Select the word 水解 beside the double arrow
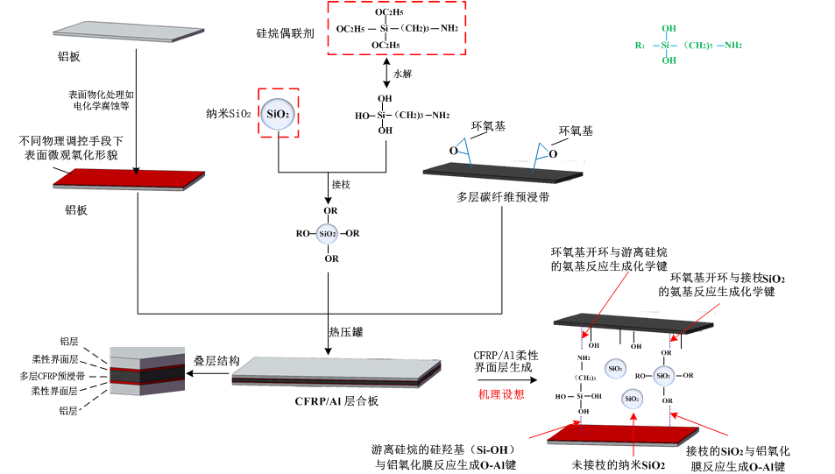click(x=402, y=74)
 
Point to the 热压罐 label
click(x=345, y=332)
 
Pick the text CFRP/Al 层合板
click(x=336, y=401)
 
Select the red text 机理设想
click(x=501, y=394)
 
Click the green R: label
click(x=640, y=46)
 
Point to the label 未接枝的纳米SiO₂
click(x=619, y=464)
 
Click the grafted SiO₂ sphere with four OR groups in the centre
click(x=327, y=234)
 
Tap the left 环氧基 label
click(x=488, y=126)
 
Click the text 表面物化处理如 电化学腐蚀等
click(x=99, y=100)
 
